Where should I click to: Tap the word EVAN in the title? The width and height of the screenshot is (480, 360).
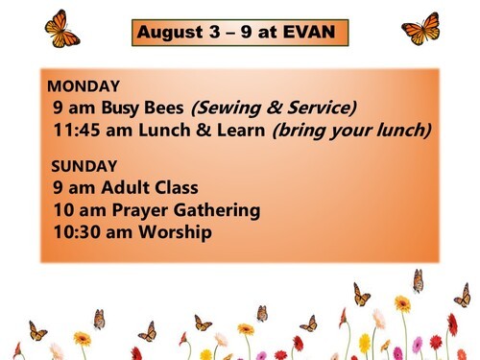click(x=309, y=32)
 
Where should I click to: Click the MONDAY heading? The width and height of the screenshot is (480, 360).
click(x=84, y=86)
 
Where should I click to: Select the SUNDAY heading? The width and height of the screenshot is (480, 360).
click(x=84, y=166)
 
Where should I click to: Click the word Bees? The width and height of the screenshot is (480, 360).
click(x=164, y=108)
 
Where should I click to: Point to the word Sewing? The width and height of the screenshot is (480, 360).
click(x=226, y=108)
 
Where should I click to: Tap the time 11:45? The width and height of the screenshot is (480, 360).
click(x=77, y=131)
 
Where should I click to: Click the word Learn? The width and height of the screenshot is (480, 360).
click(x=241, y=131)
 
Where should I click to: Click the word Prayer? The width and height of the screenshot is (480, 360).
click(x=139, y=211)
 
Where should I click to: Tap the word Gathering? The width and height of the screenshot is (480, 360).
click(x=217, y=211)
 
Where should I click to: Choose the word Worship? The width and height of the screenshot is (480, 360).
click(x=175, y=232)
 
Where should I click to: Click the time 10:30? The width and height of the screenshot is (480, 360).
click(x=77, y=232)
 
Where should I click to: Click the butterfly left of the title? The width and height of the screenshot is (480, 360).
click(x=61, y=29)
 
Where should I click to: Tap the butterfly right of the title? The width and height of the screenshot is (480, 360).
click(x=421, y=29)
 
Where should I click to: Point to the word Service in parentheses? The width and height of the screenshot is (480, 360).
click(x=322, y=108)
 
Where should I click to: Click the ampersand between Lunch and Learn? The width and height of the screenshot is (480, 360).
click(x=204, y=131)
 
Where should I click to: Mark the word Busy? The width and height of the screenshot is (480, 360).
click(x=120, y=108)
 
